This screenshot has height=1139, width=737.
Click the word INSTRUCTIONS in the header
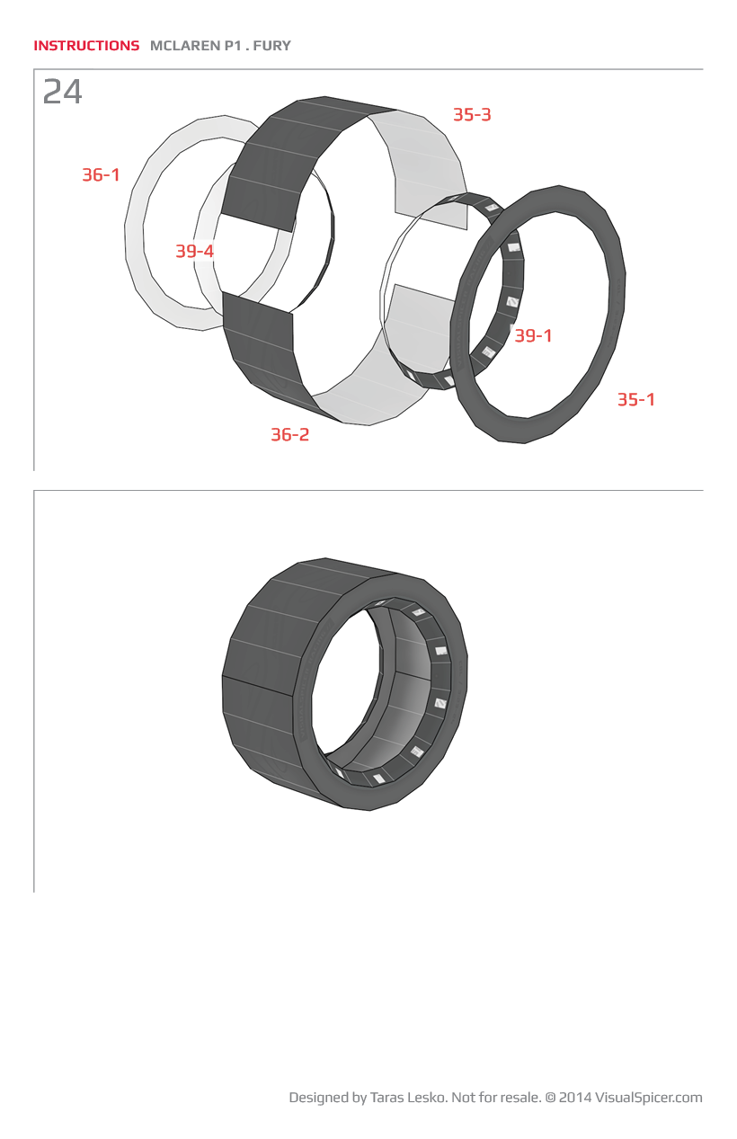click(86, 46)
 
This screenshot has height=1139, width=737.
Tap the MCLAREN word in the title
click(185, 46)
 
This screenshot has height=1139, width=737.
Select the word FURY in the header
click(272, 46)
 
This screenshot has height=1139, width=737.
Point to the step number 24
click(62, 92)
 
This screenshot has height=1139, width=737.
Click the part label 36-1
click(102, 175)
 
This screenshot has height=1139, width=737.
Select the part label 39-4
click(195, 251)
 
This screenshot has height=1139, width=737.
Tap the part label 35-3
click(472, 115)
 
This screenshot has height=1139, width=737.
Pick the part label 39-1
click(533, 335)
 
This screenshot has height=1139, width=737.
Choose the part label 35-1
click(636, 400)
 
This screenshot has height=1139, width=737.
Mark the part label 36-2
click(289, 435)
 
